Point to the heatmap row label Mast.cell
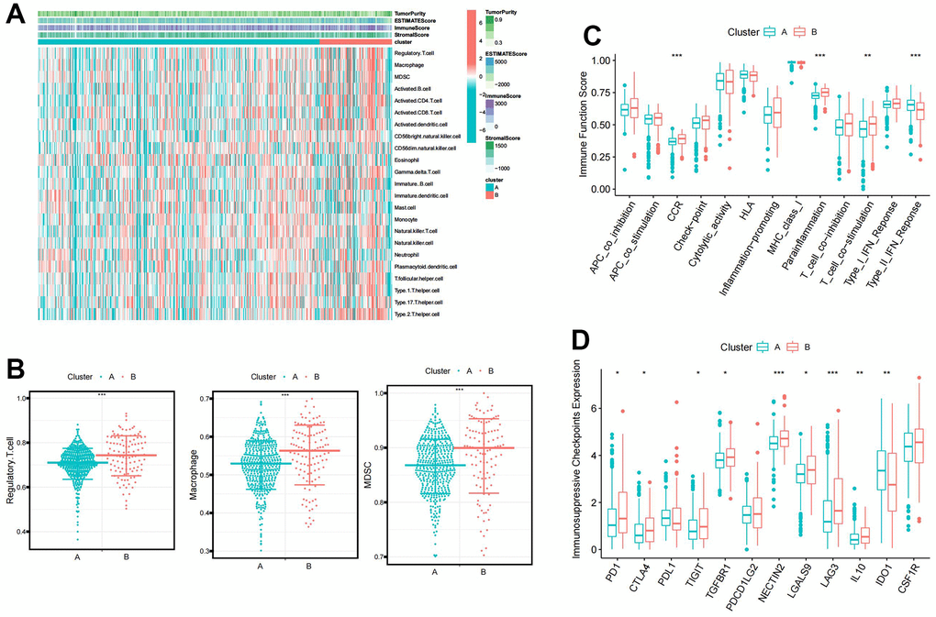pos(406,207)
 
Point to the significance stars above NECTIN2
pos(780,372)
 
